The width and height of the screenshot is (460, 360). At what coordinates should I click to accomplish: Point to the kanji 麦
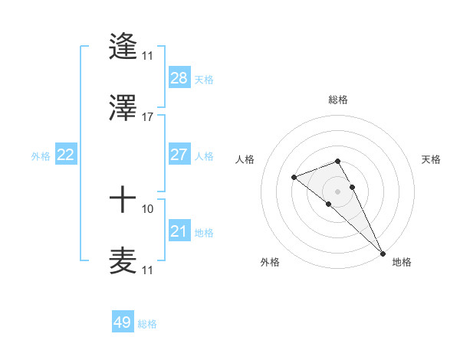tap(123, 260)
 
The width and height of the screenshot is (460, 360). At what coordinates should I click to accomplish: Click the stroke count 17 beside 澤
tap(148, 117)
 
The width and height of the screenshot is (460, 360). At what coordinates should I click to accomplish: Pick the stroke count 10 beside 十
tap(148, 208)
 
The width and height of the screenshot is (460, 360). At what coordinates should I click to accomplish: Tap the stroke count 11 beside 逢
tap(148, 56)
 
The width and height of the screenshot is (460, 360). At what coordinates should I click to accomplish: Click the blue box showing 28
tap(179, 78)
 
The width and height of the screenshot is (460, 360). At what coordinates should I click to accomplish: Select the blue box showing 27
tap(179, 155)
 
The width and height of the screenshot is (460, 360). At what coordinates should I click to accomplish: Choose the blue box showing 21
tap(179, 231)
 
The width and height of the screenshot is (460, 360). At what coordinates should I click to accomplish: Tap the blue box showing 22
tap(66, 155)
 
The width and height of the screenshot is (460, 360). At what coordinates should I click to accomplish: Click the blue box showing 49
tap(123, 322)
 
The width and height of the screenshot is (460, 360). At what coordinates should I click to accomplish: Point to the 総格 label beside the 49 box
tap(147, 324)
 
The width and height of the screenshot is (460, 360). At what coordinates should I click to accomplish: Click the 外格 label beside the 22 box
tap(41, 156)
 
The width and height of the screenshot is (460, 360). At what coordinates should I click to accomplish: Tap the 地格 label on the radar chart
tap(402, 262)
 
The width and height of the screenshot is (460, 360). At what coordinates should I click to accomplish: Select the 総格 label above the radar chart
tap(338, 100)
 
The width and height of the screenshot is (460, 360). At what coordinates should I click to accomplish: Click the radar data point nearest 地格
tap(382, 252)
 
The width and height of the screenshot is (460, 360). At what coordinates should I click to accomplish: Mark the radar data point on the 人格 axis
tap(294, 178)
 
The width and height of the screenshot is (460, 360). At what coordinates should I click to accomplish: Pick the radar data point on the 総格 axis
tap(338, 161)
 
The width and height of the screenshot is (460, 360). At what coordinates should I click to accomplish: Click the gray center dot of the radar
tap(338, 191)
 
